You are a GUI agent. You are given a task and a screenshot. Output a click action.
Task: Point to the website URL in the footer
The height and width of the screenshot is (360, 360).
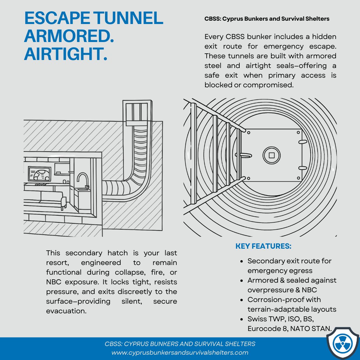click(x=180, y=352)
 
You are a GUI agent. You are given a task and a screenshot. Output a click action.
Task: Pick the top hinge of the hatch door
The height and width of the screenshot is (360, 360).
click(x=302, y=142)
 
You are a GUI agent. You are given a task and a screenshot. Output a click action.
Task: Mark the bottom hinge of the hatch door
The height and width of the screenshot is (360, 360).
click(x=302, y=168)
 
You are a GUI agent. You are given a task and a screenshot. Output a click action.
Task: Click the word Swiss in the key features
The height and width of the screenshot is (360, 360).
click(x=257, y=319)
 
